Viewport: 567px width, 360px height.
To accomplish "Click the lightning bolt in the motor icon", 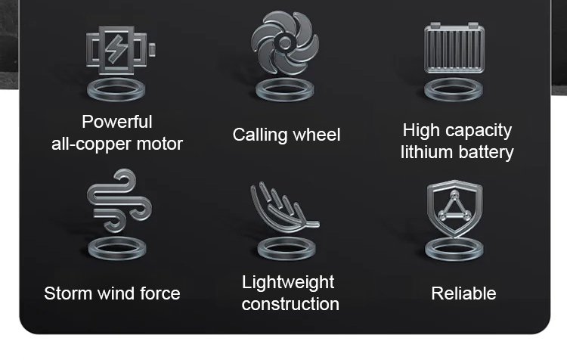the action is (116, 49).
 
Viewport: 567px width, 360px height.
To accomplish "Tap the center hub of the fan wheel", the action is (285, 43).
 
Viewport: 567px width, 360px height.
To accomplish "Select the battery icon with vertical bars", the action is (454, 48).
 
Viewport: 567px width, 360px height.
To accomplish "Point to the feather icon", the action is (284, 207).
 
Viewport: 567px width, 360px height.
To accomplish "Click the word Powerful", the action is (116, 122).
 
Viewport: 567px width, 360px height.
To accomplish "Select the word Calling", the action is (260, 135).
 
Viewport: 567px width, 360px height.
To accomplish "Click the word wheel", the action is (317, 135).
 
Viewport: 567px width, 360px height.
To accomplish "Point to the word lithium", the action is (426, 152).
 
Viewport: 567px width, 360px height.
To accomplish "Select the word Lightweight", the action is (288, 283).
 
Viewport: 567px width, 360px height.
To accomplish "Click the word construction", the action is (290, 304).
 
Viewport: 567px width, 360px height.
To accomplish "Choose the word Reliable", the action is (463, 293).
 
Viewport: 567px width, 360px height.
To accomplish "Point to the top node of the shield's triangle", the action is (454, 194).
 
